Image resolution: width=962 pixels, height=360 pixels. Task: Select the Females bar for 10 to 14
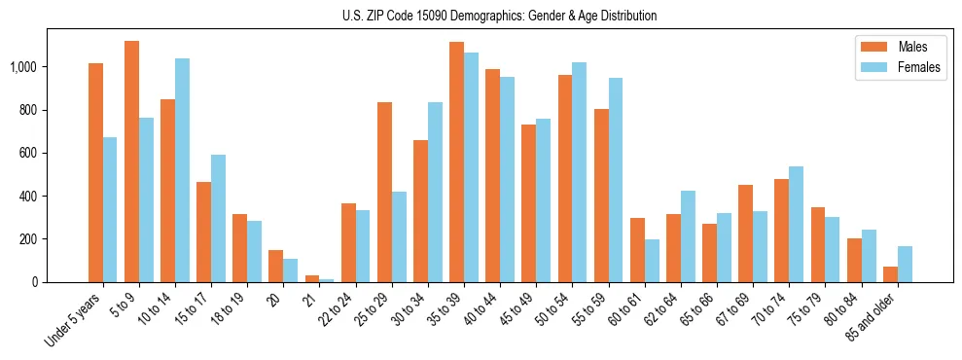coord(182,170)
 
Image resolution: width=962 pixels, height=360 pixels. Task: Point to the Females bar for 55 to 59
coord(616,180)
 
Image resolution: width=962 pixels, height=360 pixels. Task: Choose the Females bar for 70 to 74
coord(797,224)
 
